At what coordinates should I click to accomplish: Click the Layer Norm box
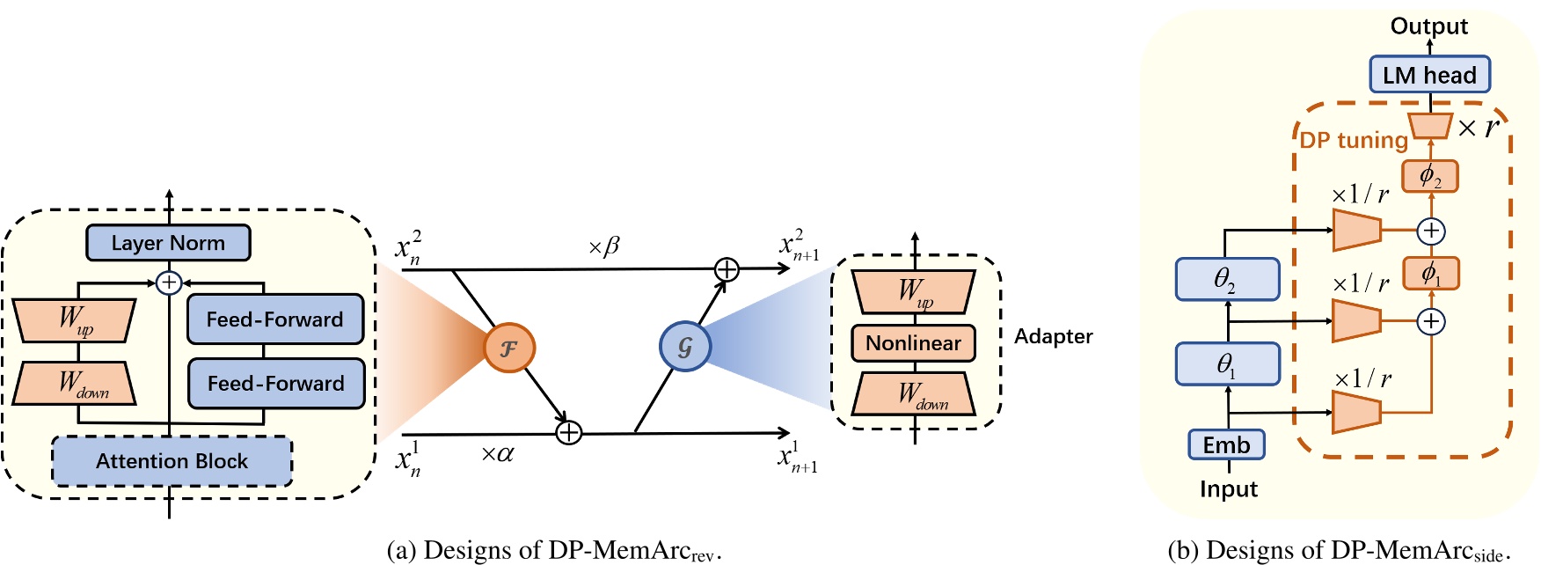168,243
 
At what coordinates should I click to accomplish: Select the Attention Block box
172,461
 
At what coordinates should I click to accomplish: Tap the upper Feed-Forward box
274,319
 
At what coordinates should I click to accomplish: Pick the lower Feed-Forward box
275,384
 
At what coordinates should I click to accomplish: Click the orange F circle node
509,347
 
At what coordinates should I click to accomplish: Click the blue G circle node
684,346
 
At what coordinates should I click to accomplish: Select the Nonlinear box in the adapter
913,343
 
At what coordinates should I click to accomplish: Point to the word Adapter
1053,336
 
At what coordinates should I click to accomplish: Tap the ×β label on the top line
604,246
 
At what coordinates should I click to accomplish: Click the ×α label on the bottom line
497,455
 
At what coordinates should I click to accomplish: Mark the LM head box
1429,75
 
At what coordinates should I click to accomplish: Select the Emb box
1226,445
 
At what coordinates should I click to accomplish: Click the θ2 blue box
1227,279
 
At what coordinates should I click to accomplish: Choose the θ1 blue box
1227,363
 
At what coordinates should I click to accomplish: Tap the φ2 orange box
1430,176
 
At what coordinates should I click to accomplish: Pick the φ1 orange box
1430,273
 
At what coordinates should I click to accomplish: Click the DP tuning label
1354,140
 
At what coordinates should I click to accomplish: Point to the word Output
1428,26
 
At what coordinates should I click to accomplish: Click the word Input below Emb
1228,489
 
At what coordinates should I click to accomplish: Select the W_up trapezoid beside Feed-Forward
74,320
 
